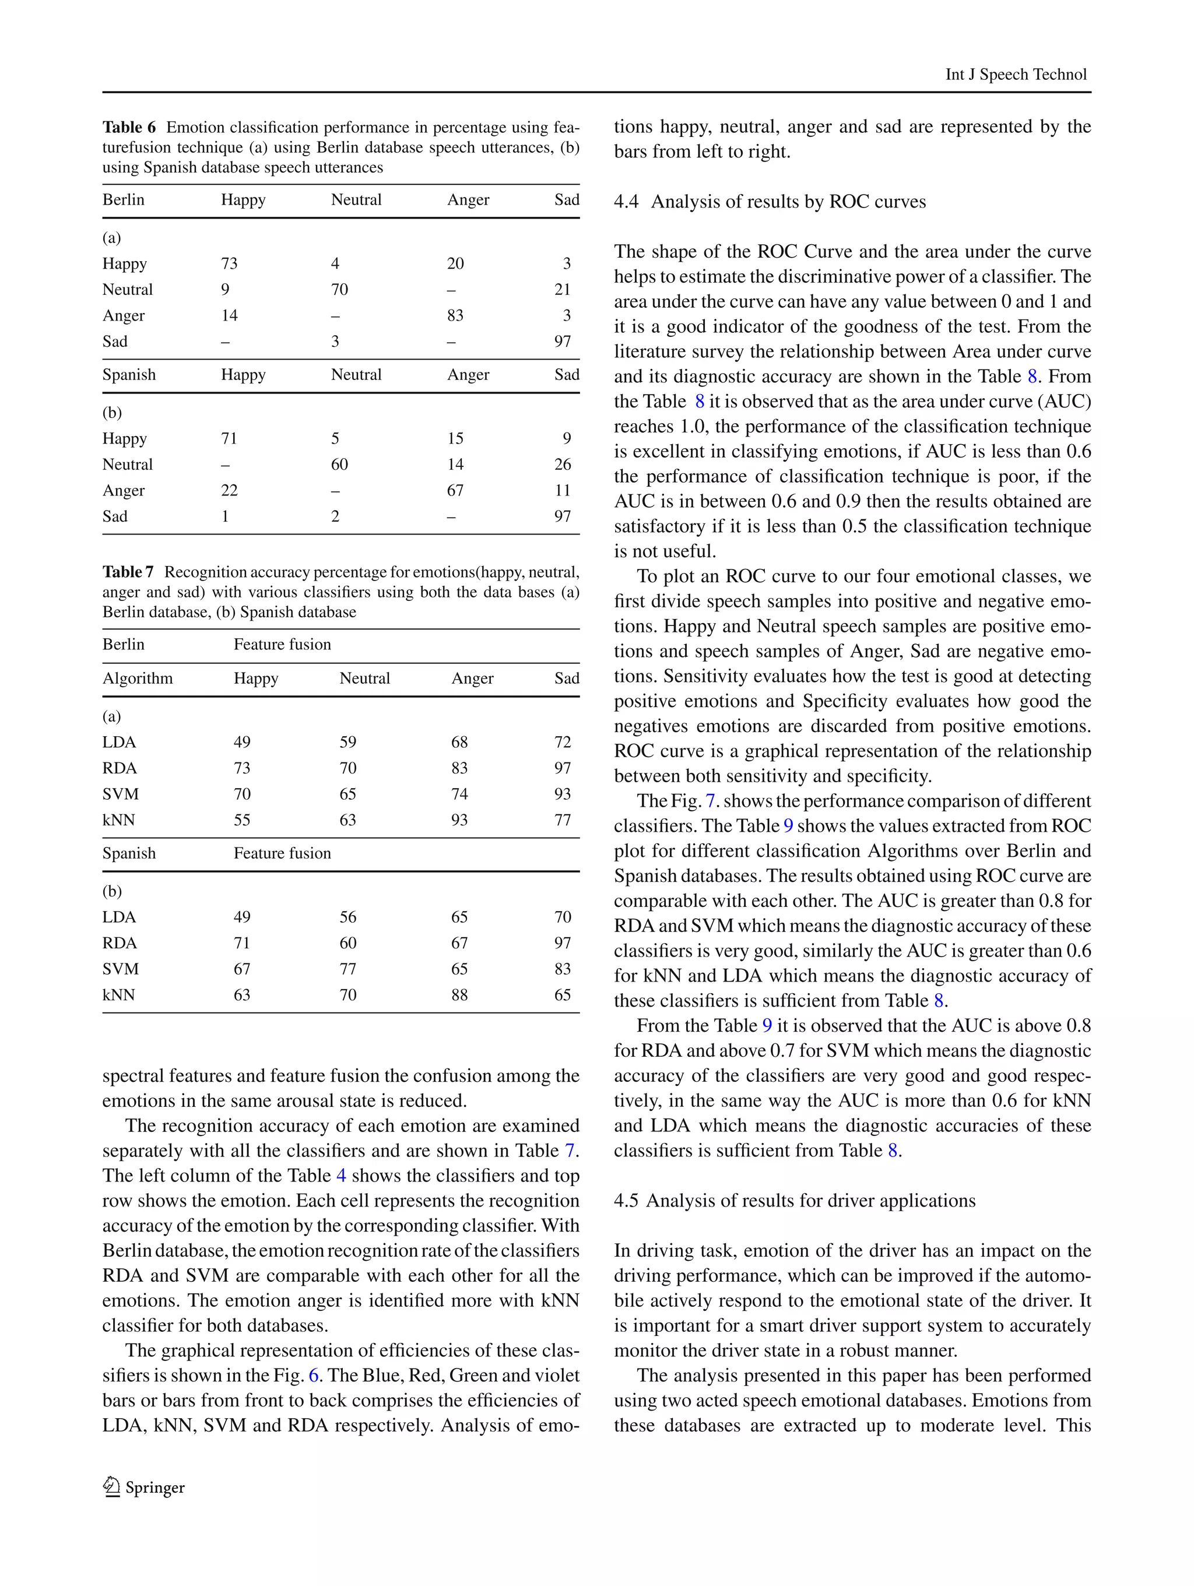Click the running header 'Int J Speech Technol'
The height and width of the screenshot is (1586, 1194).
1016,75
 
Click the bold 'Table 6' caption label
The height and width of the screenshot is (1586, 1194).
129,128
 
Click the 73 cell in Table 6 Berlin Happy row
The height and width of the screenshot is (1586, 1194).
230,264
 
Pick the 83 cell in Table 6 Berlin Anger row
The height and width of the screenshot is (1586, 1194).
455,315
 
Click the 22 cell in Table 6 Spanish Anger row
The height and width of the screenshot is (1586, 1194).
230,490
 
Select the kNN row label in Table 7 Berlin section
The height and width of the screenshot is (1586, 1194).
119,820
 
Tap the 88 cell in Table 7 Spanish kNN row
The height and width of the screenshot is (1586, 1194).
459,995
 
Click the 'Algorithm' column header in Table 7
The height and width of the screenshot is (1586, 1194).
138,678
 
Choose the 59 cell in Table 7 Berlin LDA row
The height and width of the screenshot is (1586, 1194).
348,742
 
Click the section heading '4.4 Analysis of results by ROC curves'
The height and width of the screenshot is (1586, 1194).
770,202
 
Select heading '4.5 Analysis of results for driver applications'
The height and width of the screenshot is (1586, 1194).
795,1200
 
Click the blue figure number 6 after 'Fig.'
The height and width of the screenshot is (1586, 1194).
314,1375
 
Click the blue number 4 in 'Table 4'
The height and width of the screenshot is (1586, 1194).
341,1176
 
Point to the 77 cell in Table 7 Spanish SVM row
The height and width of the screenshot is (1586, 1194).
348,969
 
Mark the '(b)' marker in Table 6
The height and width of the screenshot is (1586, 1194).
113,413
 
